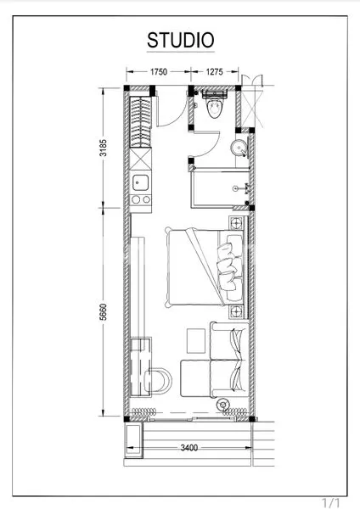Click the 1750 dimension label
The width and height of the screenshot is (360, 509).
click(158, 72)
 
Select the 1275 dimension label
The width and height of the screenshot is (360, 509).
click(214, 72)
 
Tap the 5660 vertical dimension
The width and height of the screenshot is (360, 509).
click(102, 310)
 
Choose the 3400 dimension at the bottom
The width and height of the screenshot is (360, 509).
click(189, 448)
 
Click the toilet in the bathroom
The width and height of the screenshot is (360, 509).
click(213, 107)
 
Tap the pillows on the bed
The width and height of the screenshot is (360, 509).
click(228, 267)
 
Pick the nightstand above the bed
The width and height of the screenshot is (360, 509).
click(233, 223)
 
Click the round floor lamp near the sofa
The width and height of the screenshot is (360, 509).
click(226, 406)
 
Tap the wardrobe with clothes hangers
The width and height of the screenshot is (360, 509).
click(140, 127)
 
